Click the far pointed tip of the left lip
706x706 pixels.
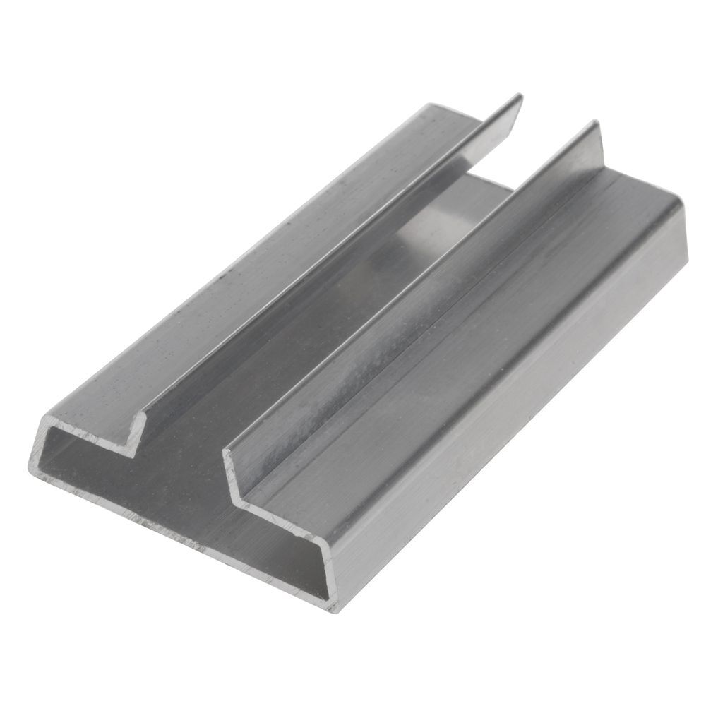click(x=520, y=97)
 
